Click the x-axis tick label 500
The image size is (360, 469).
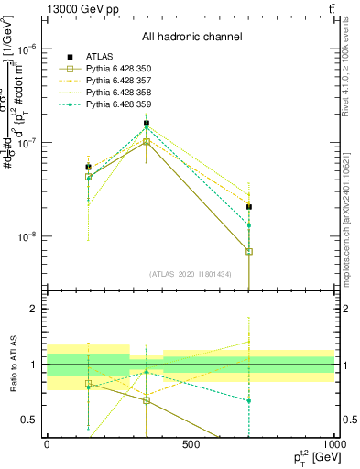click(x=191, y=445)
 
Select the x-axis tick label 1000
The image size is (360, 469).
click(x=334, y=445)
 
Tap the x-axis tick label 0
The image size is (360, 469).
click(x=47, y=445)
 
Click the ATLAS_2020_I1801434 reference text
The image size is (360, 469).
click(x=191, y=274)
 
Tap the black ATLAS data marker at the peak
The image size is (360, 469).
click(x=147, y=123)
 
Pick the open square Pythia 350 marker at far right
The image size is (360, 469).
click(x=248, y=251)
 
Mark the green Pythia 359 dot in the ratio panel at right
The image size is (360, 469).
click(x=248, y=400)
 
